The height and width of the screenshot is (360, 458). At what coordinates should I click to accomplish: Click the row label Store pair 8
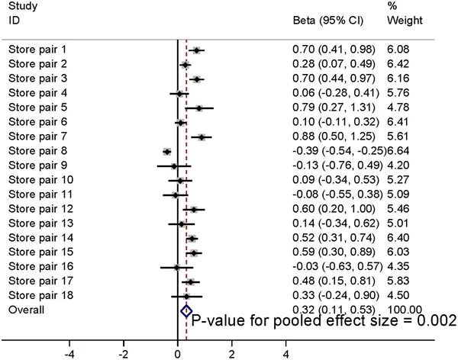[x=37, y=152]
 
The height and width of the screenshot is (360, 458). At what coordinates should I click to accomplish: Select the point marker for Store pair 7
[x=202, y=137]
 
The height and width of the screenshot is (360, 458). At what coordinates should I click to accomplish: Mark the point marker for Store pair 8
[x=167, y=152]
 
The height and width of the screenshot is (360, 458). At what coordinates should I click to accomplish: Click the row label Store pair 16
[x=40, y=267]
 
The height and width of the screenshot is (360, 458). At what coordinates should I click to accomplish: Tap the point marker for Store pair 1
[x=196, y=50]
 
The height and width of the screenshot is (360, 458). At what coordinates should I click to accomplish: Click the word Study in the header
[x=21, y=7]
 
